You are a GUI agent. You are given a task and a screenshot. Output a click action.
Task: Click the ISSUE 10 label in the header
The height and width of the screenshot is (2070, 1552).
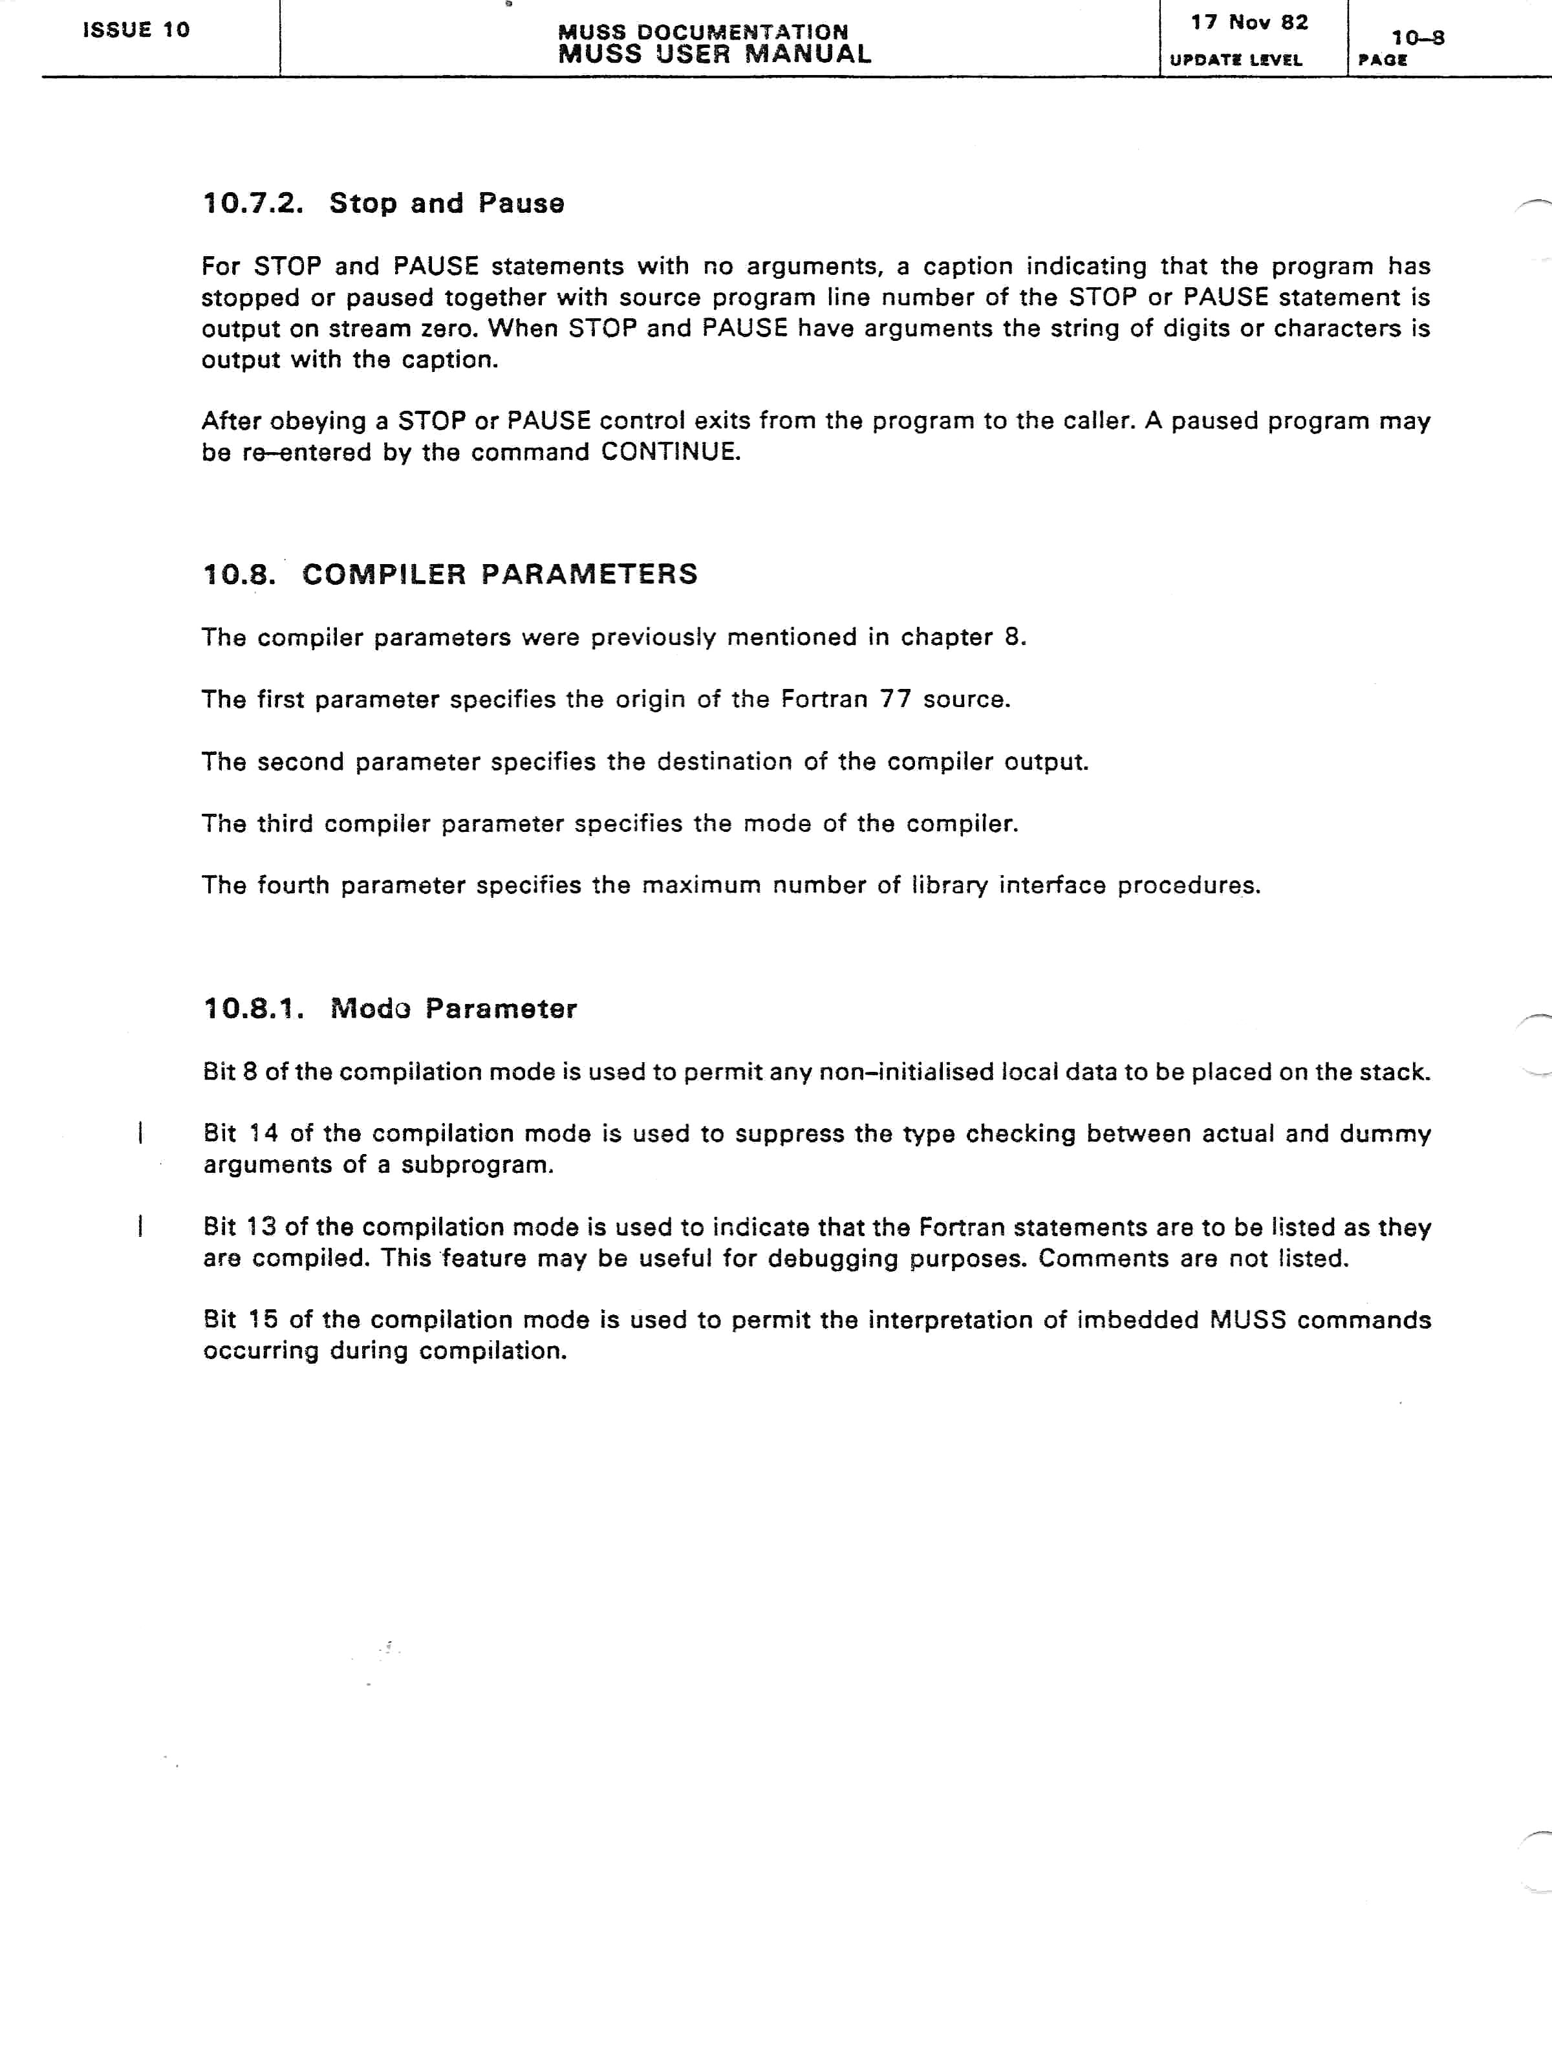tap(136, 30)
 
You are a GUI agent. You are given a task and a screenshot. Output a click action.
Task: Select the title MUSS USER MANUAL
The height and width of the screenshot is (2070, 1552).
tap(715, 54)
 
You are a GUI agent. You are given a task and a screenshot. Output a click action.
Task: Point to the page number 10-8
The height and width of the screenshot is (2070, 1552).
tap(1417, 38)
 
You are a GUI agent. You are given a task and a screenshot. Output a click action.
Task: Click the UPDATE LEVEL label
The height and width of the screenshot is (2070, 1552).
tap(1236, 60)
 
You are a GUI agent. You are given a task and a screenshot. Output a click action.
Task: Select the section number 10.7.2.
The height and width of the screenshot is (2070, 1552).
tap(253, 203)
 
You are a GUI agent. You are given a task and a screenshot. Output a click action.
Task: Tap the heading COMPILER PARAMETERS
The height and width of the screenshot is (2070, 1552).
tap(500, 574)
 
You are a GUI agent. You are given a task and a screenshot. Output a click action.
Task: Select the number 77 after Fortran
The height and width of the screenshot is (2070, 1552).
tap(895, 699)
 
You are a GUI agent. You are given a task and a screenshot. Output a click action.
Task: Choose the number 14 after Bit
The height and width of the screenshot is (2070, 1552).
tap(263, 1133)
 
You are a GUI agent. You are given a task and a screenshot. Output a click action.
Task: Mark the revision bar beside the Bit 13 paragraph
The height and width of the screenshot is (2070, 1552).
tap(140, 1226)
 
